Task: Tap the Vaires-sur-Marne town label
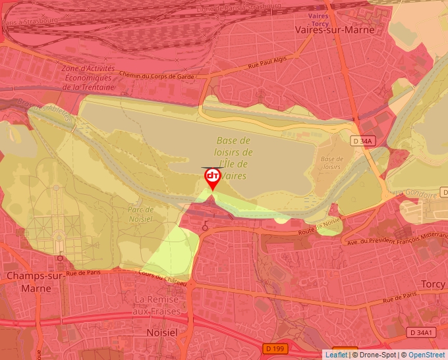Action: [x=335, y=30]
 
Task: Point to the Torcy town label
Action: [x=433, y=284]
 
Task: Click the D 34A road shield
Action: [x=362, y=141]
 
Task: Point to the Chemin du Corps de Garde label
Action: [x=158, y=76]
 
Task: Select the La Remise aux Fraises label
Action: [x=156, y=304]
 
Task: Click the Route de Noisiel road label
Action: [x=321, y=227]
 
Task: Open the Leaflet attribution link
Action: [x=336, y=355]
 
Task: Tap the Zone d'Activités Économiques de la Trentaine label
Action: [x=88, y=78]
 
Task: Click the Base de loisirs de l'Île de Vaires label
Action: [x=233, y=158]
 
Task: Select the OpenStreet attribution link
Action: [x=428, y=355]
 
